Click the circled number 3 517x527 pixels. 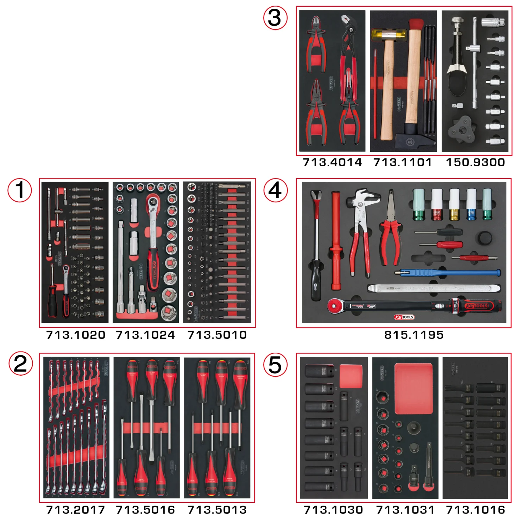tap(275, 18)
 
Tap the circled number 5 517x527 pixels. tap(275, 365)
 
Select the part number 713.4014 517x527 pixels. tap(332, 162)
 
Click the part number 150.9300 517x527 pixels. tap(475, 162)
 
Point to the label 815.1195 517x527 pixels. tap(414, 335)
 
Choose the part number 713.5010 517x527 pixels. tap(217, 335)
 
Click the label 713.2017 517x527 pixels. tap(76, 510)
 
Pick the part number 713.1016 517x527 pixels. tap(475, 510)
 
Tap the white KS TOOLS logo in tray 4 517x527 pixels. tap(404, 317)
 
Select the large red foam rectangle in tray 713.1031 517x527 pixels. tap(413, 388)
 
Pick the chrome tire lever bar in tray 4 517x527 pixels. tap(433, 288)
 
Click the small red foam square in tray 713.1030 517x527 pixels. tap(351, 376)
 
